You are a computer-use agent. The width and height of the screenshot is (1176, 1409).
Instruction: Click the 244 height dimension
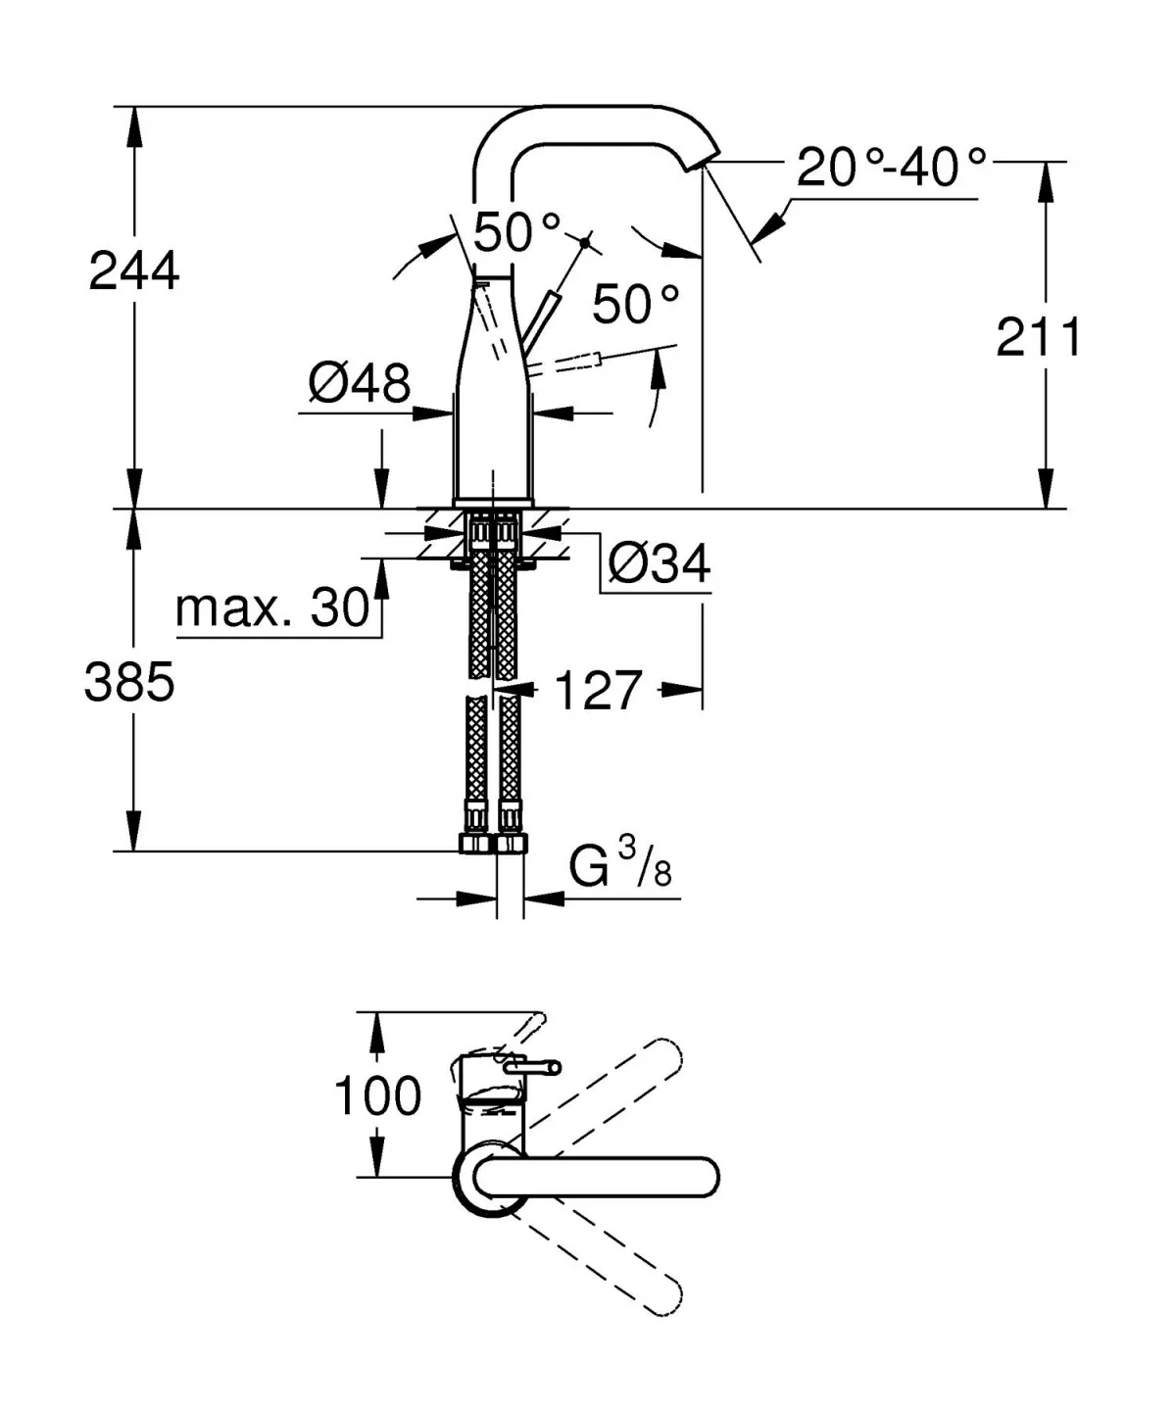coord(134,270)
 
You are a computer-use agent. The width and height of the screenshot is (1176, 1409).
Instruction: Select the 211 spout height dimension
coord(1039,338)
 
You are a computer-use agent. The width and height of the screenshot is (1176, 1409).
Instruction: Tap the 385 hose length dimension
coord(129,681)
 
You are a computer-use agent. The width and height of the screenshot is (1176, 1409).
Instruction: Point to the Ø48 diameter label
coord(360,382)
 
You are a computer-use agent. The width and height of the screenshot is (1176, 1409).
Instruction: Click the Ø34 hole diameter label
coord(659,564)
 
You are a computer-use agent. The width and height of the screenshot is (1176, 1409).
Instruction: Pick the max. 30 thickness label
coord(272,608)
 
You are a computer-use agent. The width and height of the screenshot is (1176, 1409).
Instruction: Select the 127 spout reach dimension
coord(598,691)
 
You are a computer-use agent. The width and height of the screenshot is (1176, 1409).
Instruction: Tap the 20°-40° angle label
coord(890,168)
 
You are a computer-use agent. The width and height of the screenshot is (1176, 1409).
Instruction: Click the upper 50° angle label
coord(517,233)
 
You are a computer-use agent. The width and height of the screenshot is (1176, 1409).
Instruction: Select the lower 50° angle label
coord(635,305)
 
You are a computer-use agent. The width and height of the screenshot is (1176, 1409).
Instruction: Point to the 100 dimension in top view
coord(377,1095)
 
